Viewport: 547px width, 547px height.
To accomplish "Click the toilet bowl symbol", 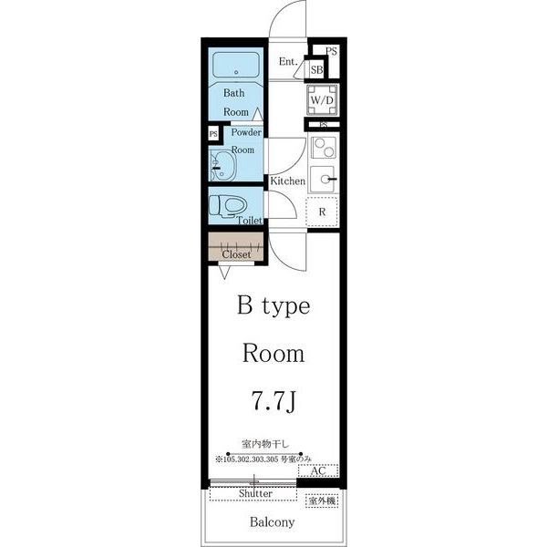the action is [x=227, y=206].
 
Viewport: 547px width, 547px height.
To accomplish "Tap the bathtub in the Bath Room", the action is [x=236, y=65].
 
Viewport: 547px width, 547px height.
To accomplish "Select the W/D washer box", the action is [x=322, y=100].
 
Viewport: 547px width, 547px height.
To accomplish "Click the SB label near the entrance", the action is [x=316, y=70].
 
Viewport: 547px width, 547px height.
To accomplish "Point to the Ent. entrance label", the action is [x=288, y=62].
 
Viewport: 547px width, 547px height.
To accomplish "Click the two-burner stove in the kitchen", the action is [x=324, y=148].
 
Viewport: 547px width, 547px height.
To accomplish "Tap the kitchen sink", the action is [x=323, y=180].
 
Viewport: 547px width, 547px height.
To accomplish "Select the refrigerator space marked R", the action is [x=322, y=212].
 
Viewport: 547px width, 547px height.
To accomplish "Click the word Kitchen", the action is [x=288, y=181].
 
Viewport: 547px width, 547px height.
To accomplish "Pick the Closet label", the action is [x=236, y=254].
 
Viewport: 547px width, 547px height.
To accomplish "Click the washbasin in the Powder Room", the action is [x=222, y=165].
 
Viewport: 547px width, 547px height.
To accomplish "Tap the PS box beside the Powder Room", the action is [x=213, y=134].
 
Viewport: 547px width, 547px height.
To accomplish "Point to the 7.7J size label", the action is [x=273, y=400].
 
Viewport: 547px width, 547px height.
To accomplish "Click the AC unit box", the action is [x=318, y=470].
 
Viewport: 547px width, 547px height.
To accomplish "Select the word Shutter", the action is [x=255, y=493].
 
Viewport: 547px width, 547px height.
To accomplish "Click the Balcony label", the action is [x=272, y=521].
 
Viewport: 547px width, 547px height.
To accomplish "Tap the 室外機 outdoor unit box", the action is [x=322, y=501].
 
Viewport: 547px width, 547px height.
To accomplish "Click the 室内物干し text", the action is [x=265, y=444].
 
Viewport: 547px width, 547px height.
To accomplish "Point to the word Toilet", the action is [x=250, y=221].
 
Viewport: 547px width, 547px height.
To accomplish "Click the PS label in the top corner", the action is [x=332, y=51].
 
